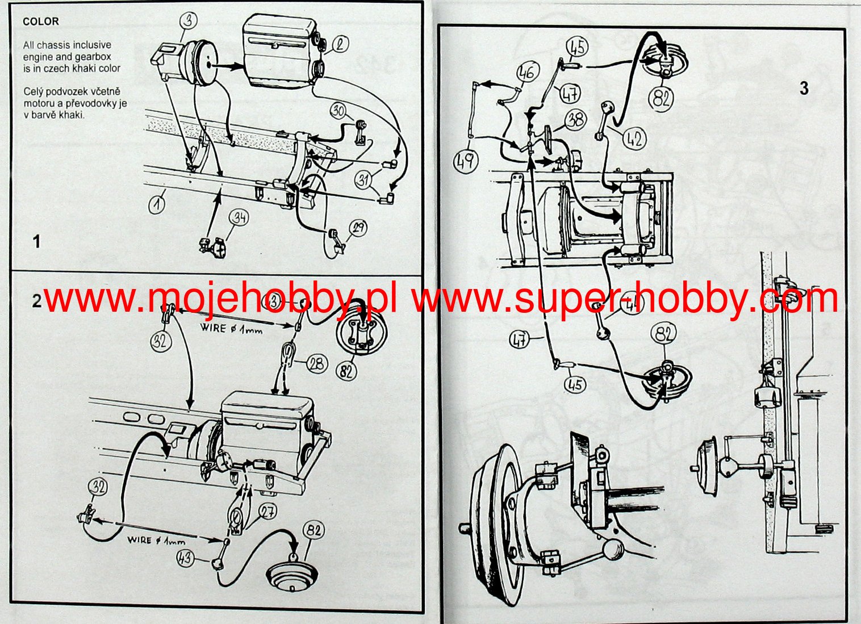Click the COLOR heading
click(x=41, y=22)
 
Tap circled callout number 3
click(x=189, y=20)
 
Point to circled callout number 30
click(x=339, y=110)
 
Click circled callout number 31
click(x=363, y=179)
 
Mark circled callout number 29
click(x=358, y=228)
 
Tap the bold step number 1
click(x=37, y=242)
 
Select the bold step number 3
click(x=804, y=89)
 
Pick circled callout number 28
click(x=317, y=363)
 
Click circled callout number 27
click(x=268, y=512)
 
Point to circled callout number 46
click(x=527, y=73)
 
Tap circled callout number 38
click(x=575, y=120)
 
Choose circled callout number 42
click(x=634, y=138)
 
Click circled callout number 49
click(x=465, y=161)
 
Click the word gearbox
click(x=95, y=57)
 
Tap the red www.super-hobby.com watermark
click(x=625, y=298)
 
